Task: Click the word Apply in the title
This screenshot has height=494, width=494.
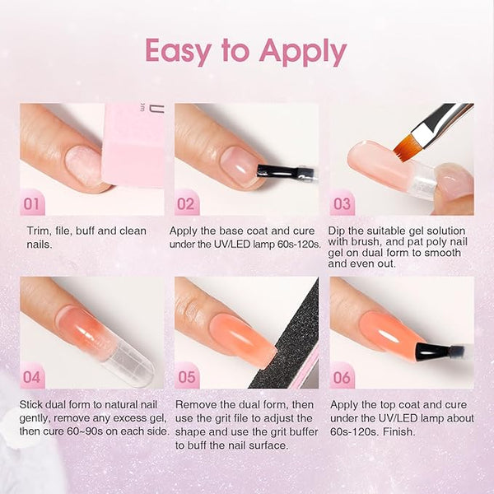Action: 303,52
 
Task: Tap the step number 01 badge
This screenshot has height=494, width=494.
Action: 32,203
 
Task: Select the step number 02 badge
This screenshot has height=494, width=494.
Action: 187,203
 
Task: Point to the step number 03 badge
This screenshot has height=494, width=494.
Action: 342,203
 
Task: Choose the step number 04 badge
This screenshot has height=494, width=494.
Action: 32,375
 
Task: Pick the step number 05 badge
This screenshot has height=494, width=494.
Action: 187,375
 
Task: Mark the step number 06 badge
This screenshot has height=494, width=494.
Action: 342,375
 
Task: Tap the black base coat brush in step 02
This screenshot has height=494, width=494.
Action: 285,172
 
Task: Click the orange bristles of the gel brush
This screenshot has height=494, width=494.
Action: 405,145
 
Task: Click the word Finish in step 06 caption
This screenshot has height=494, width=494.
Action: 398,431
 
